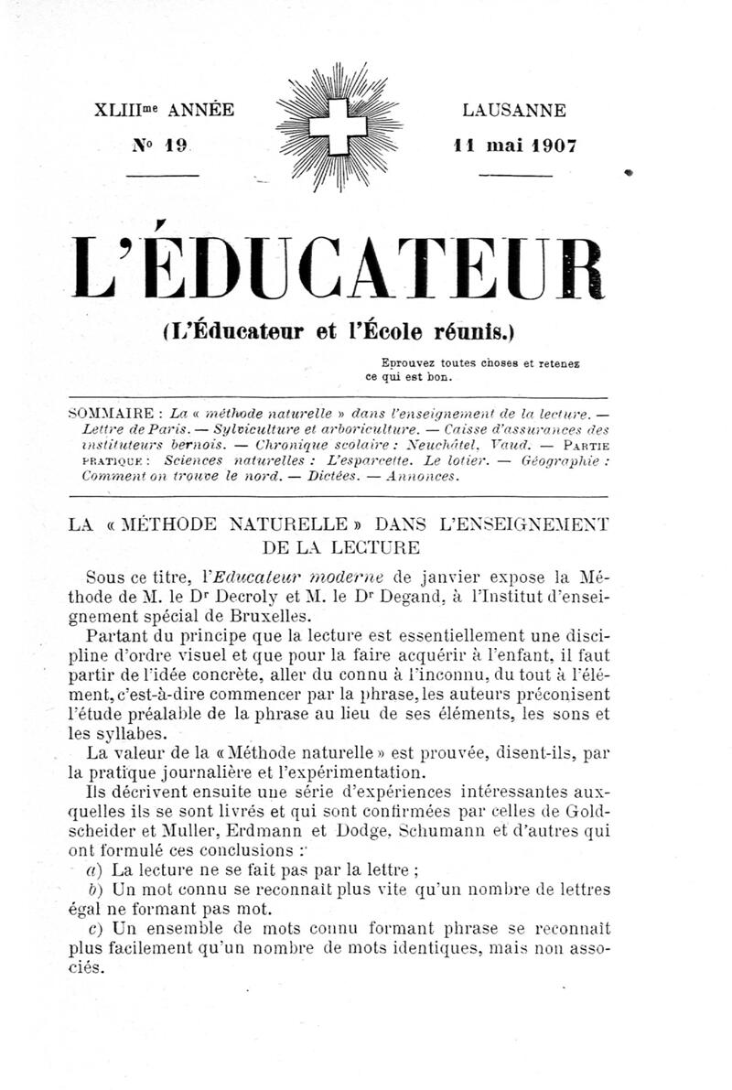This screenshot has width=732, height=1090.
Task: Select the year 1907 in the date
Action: [x=548, y=146]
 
